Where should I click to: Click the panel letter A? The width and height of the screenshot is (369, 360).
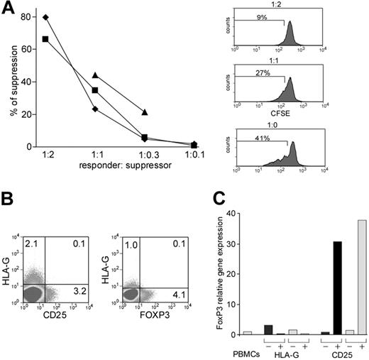9,9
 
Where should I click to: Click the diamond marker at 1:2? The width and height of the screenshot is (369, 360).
46,17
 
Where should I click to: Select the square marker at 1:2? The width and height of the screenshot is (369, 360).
46,39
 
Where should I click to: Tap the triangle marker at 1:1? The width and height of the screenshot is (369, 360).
95,75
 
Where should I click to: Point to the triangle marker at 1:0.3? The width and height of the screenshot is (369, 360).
145,112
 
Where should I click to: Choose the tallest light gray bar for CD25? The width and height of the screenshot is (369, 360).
361,277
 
